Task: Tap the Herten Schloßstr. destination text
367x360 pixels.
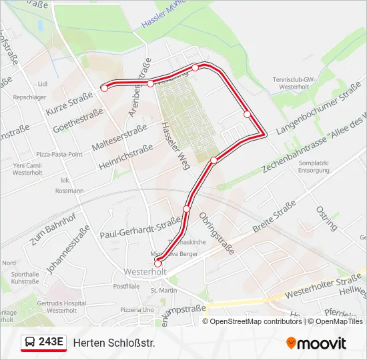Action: pyautogui.click(x=113, y=343)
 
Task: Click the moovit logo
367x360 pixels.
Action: pyautogui.click(x=316, y=343)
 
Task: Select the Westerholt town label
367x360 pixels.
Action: pyautogui.click(x=145, y=272)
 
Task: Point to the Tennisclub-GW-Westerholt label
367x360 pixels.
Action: pyautogui.click(x=293, y=83)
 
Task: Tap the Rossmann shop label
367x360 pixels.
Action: pyautogui.click(x=70, y=191)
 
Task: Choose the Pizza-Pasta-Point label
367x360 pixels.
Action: pyautogui.click(x=59, y=154)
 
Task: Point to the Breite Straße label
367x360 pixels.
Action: pyautogui.click(x=274, y=217)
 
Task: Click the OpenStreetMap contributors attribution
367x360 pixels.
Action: pyautogui.click(x=252, y=321)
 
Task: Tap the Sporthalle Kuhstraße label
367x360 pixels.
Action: pyautogui.click(x=25, y=277)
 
